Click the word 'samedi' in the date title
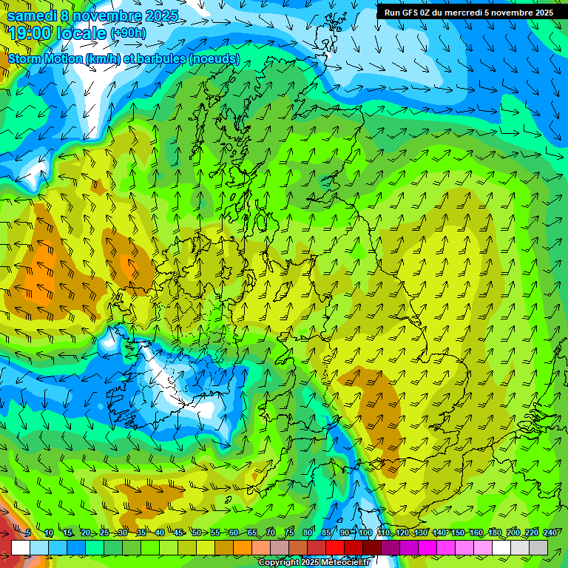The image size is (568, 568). coord(31,15)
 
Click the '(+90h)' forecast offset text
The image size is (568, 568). coord(128,33)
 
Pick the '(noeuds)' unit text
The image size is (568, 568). coord(215,58)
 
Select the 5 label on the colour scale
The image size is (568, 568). coord(27,533)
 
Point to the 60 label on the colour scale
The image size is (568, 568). coord(233,533)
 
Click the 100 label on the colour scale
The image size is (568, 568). coord(365,533)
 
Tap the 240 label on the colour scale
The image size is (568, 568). coord(550,533)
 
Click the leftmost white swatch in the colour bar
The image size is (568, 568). coord(21,547)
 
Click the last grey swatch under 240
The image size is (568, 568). coord(538,547)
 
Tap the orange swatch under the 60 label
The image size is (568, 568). coord(224,547)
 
